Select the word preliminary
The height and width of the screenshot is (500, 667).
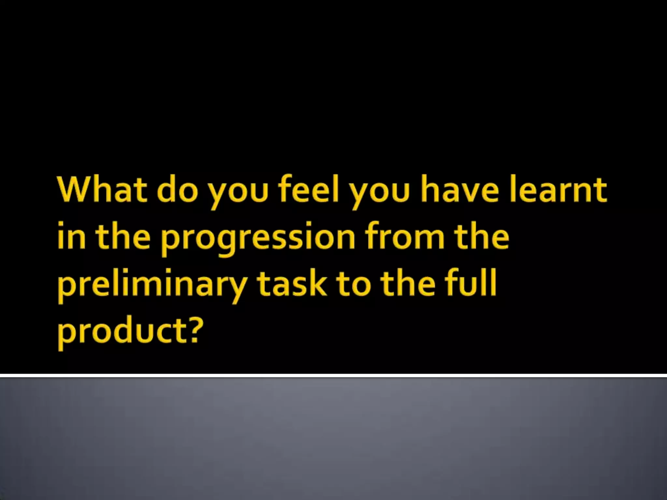151,286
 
